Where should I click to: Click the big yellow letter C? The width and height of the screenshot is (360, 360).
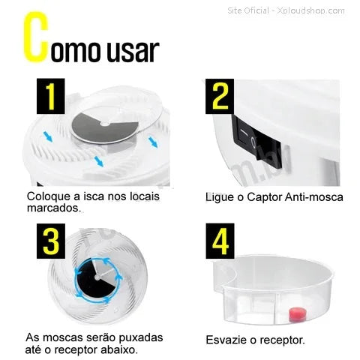tap(35, 37)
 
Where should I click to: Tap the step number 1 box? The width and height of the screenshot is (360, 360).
tap(51, 96)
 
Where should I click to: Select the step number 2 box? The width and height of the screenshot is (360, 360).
tap(220, 97)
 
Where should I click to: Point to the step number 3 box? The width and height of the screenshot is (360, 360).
tap(51, 241)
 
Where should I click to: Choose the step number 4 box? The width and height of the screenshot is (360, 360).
tap(220, 241)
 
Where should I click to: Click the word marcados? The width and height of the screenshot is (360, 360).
tap(54, 208)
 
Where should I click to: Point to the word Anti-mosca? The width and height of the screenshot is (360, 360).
tap(314, 197)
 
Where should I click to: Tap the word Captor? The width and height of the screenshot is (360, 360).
tap(265, 198)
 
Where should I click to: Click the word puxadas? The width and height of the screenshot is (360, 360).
tap(141, 338)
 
